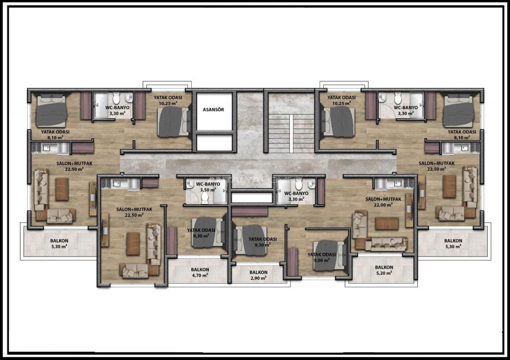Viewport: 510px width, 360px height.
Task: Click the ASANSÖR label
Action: [x=213, y=110]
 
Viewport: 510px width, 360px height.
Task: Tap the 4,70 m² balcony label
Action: [x=200, y=272]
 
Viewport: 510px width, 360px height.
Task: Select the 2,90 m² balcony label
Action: [x=259, y=275]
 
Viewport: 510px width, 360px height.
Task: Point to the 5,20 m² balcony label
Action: [x=384, y=270]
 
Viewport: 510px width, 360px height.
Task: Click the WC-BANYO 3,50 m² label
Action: [x=208, y=187]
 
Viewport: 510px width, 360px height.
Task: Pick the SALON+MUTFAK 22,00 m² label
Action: [x=383, y=202]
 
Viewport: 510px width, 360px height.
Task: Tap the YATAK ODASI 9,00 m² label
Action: [x=322, y=257]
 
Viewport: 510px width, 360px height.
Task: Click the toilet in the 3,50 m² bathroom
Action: [x=205, y=198]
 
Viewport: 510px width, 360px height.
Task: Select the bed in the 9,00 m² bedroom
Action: [x=330, y=255]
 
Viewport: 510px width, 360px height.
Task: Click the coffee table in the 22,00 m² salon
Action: [x=387, y=223]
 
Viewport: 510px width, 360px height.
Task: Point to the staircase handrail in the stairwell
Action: [x=291, y=133]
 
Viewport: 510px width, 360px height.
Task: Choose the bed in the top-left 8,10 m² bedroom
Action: [x=52, y=111]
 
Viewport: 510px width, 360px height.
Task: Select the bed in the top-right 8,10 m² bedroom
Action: [x=459, y=111]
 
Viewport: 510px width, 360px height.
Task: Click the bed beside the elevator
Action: [x=175, y=122]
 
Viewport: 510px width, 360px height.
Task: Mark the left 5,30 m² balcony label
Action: [x=59, y=243]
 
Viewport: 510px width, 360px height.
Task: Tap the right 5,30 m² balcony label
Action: [x=453, y=243]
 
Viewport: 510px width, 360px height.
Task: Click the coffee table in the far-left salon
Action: [x=62, y=189]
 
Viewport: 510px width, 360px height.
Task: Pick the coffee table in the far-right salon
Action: [x=449, y=187]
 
